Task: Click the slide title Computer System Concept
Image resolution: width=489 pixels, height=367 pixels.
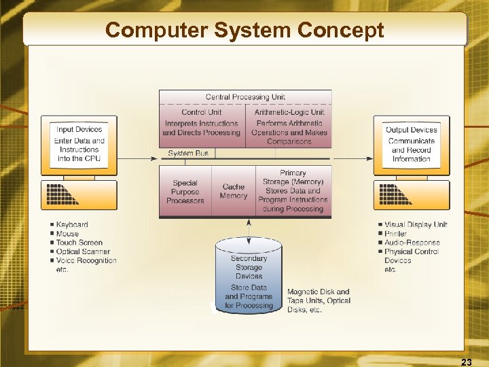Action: click(x=244, y=31)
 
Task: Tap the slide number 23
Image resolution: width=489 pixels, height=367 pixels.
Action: click(x=466, y=362)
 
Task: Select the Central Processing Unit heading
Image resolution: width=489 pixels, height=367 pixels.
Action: click(x=245, y=97)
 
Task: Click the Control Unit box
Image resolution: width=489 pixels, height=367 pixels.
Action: click(x=202, y=123)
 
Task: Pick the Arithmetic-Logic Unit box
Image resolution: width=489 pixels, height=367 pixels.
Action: click(x=289, y=127)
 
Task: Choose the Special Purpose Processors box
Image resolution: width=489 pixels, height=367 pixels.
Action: click(x=185, y=192)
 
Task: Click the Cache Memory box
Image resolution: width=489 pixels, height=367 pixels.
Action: click(x=233, y=192)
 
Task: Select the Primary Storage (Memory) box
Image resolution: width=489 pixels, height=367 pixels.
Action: click(x=293, y=191)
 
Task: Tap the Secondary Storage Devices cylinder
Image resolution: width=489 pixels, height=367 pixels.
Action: click(x=249, y=279)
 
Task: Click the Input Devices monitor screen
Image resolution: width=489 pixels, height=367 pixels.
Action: click(x=79, y=144)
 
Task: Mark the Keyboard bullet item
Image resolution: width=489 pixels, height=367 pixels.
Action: click(x=71, y=224)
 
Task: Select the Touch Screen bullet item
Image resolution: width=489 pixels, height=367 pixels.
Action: click(x=79, y=243)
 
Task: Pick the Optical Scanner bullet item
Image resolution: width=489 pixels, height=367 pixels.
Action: click(x=82, y=251)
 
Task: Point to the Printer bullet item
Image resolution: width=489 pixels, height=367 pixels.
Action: click(x=395, y=234)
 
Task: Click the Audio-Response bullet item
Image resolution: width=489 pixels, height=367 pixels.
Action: click(x=412, y=243)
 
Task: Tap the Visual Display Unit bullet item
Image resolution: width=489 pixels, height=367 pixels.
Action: click(x=416, y=224)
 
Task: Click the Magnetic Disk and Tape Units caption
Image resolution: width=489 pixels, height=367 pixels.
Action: click(x=319, y=300)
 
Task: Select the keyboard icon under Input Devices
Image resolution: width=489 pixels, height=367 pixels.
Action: click(x=79, y=195)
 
